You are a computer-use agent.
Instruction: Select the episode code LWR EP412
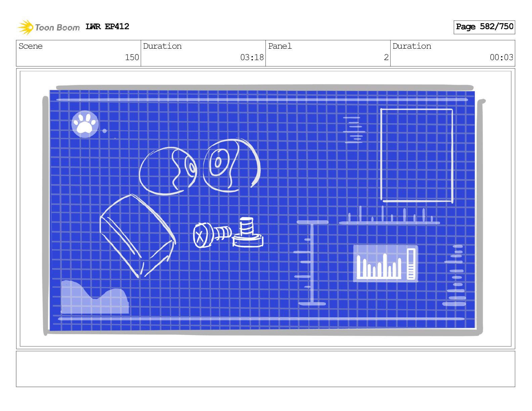click(x=107, y=27)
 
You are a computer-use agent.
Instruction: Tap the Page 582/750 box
click(x=484, y=27)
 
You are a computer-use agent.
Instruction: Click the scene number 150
click(x=132, y=57)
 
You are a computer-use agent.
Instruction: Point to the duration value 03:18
click(x=252, y=57)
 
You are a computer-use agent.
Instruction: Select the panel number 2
click(x=386, y=57)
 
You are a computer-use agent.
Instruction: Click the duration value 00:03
click(x=501, y=57)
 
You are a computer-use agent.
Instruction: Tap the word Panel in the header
click(x=280, y=46)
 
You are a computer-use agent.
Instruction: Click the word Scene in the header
click(x=31, y=46)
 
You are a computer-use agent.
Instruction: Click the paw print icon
click(x=85, y=124)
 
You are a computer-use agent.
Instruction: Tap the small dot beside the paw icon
click(x=104, y=131)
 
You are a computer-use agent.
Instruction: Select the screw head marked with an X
click(x=201, y=235)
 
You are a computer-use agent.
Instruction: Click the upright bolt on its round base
click(x=248, y=232)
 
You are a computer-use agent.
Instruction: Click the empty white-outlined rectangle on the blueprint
click(x=416, y=155)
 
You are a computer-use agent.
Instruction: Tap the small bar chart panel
click(x=386, y=263)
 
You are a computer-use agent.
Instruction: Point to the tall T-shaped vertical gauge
click(x=312, y=262)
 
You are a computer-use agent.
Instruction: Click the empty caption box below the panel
click(x=265, y=369)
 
